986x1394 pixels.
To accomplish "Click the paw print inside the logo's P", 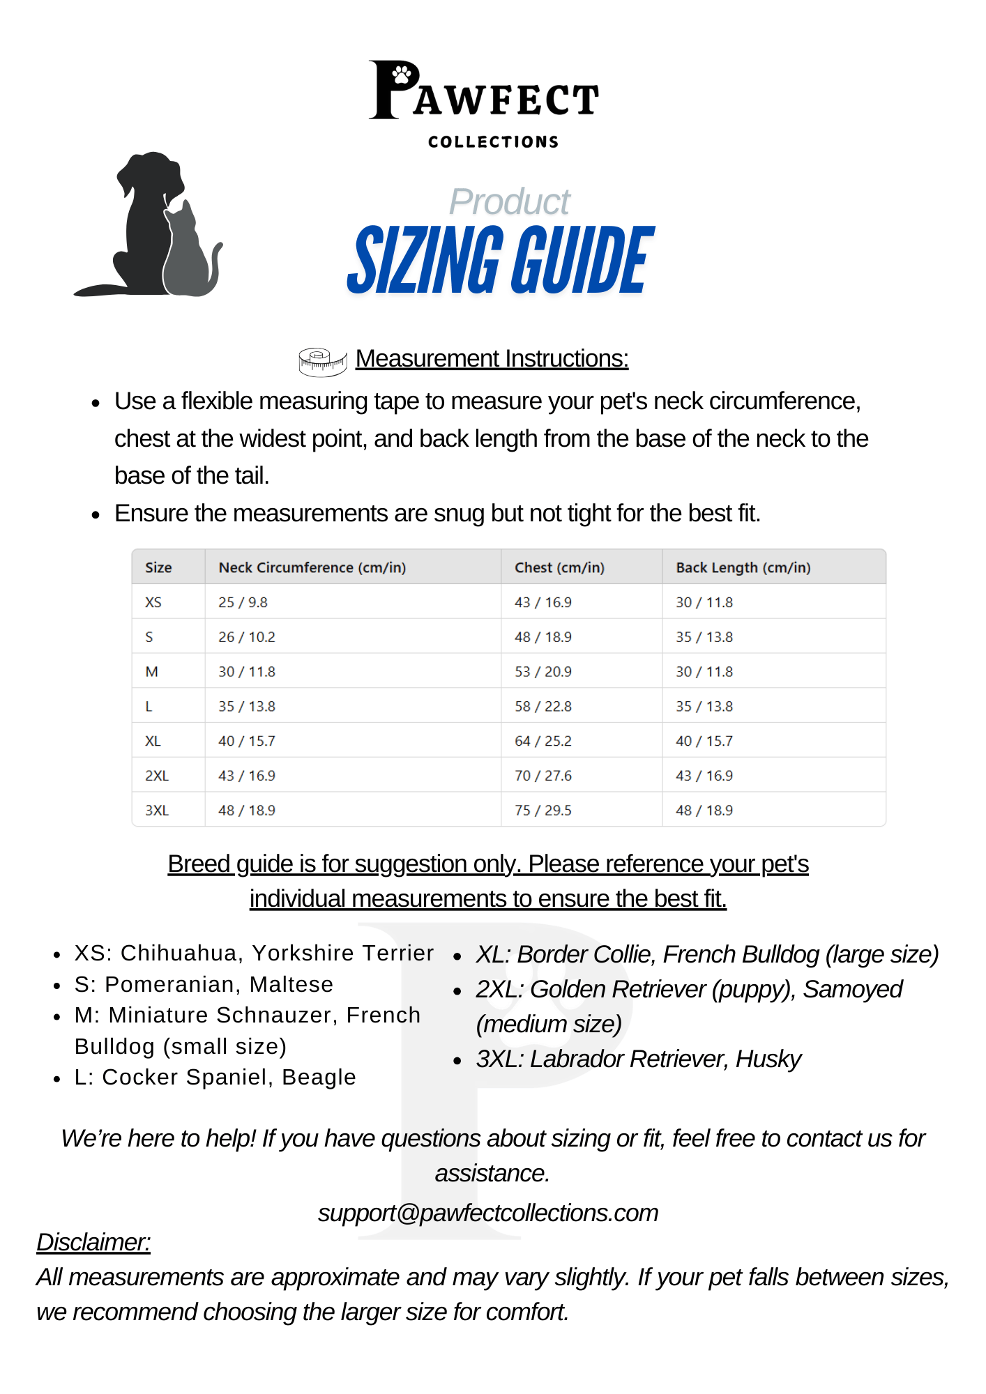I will coord(402,75).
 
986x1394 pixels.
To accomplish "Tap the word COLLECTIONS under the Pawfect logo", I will coord(493,142).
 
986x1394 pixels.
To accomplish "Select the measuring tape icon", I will coord(322,361).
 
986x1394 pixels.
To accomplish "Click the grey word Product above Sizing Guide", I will coord(509,202).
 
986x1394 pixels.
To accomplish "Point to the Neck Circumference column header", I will coord(312,567).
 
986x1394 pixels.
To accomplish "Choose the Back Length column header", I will coord(743,567).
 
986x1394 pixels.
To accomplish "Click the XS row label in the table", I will coord(153,602).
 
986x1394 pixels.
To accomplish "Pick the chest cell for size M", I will coord(543,672).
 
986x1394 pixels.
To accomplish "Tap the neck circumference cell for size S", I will coord(247,637).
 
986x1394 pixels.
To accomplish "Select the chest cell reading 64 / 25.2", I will coord(543,741).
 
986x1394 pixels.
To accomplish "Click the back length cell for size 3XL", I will coord(704,811).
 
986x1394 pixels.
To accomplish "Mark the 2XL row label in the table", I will coord(157,776).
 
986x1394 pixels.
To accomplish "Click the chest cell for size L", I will coord(543,707).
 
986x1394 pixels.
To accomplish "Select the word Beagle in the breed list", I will coord(319,1077).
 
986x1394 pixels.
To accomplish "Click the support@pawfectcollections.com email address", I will coord(488,1213).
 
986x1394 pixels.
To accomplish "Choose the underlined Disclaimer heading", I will coord(93,1242).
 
